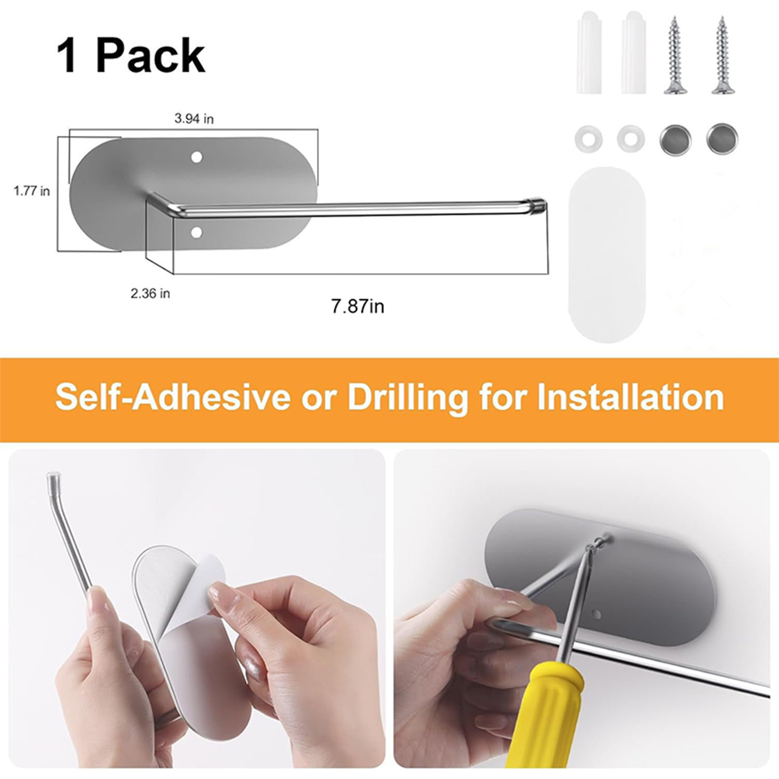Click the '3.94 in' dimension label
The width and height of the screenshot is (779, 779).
click(194, 119)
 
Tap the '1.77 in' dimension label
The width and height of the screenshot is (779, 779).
click(32, 191)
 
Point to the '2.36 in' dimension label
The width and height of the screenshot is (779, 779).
click(150, 294)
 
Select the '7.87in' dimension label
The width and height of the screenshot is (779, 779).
click(358, 307)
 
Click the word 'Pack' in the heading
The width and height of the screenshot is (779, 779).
click(150, 56)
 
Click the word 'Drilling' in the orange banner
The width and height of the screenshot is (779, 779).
click(408, 398)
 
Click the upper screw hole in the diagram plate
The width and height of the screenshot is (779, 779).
click(197, 157)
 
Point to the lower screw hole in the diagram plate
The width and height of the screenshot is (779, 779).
click(197, 233)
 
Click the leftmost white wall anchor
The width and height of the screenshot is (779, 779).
click(589, 52)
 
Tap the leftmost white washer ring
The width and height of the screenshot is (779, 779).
click(589, 140)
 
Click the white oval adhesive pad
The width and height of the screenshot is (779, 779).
click(607, 255)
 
